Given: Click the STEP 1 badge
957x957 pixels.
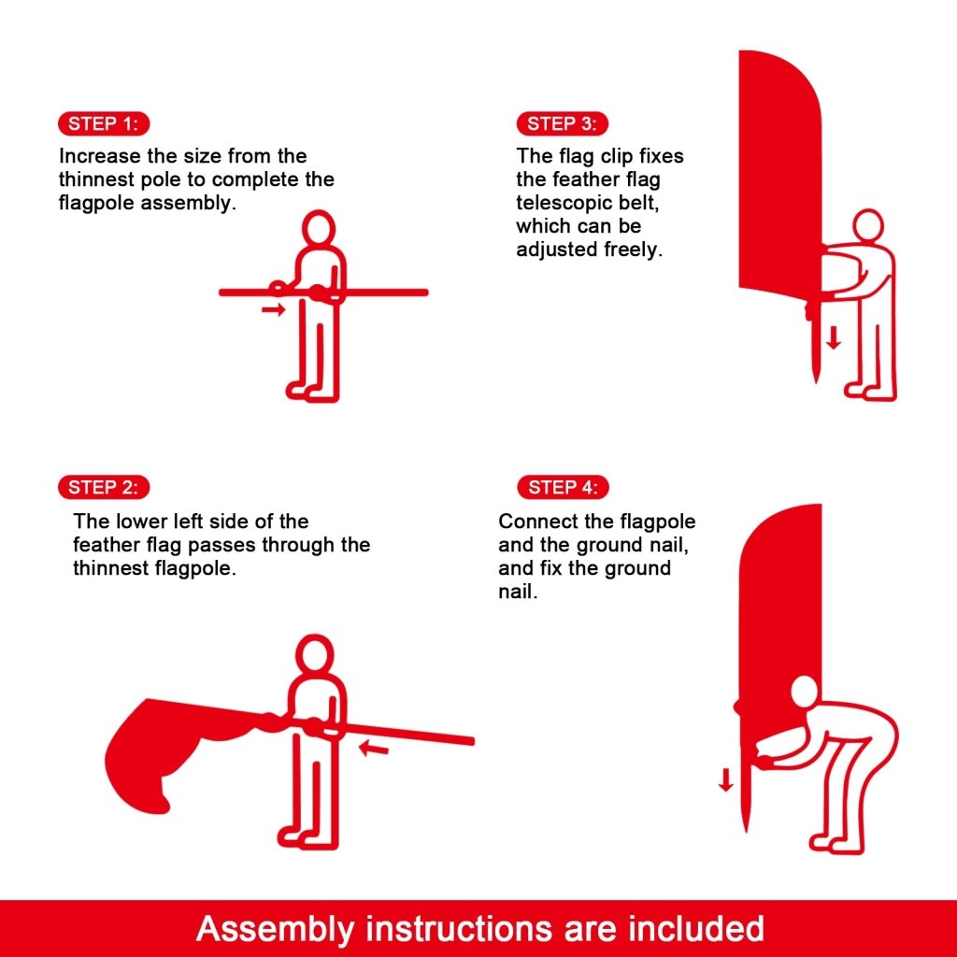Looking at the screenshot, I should (103, 123).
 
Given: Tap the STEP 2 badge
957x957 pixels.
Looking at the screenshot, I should (103, 487).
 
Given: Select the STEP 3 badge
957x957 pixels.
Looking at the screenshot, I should (562, 123).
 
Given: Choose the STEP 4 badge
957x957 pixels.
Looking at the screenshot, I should (562, 487).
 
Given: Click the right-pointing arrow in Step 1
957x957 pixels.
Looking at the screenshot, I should (273, 309).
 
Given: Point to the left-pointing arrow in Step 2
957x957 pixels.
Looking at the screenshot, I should (374, 748).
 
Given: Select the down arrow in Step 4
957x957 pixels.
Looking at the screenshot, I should (726, 778).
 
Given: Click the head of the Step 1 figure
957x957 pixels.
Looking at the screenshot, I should (320, 228).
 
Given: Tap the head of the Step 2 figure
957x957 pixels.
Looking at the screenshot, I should (314, 654).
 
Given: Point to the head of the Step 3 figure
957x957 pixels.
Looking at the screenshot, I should (867, 225).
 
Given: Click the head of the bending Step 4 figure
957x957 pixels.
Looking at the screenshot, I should (804, 693).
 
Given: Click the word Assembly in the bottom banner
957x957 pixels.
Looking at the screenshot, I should (276, 929).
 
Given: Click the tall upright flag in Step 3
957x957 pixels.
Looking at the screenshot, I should (776, 168).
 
